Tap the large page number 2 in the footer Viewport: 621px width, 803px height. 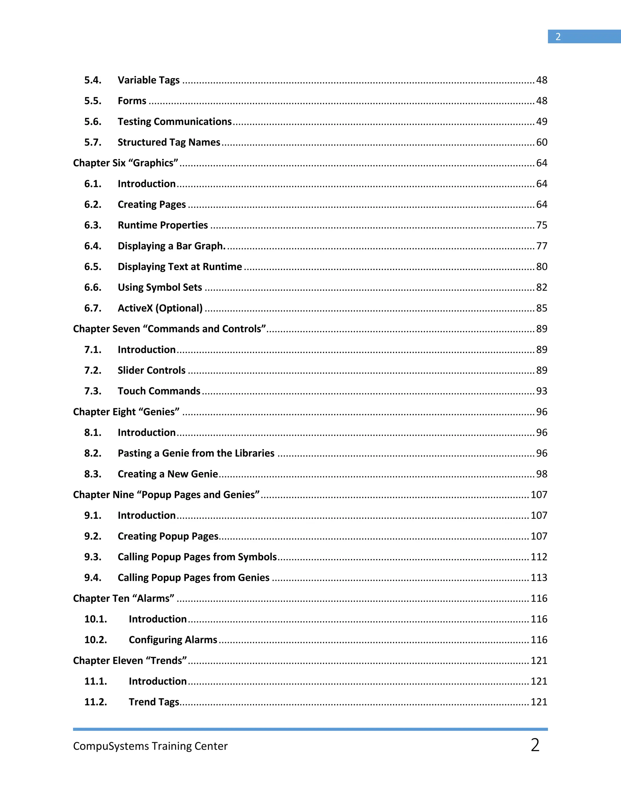click(x=535, y=745)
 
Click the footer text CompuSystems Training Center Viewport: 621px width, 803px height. click(x=150, y=746)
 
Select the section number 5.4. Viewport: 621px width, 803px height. click(x=93, y=80)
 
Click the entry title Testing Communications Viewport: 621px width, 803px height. click(x=174, y=122)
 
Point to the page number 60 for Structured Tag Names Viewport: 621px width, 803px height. click(x=542, y=142)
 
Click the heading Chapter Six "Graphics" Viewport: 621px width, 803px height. click(x=126, y=163)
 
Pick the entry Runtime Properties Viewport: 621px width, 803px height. click(x=163, y=225)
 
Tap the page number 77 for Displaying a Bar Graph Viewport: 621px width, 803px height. click(x=542, y=246)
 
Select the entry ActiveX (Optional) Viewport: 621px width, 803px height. click(x=160, y=308)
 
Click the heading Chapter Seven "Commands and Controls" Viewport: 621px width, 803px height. click(x=169, y=329)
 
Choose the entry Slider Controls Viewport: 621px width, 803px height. click(x=152, y=370)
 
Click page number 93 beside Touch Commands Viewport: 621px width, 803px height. click(x=542, y=391)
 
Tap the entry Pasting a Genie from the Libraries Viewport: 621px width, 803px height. click(x=196, y=453)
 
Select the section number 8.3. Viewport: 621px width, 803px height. click(x=93, y=474)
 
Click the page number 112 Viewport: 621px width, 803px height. click(x=539, y=557)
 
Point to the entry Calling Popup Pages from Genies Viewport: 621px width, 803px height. click(x=193, y=578)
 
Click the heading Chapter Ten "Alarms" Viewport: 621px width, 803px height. click(x=124, y=598)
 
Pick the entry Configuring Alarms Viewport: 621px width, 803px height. click(x=173, y=640)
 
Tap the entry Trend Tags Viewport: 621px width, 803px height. click(x=154, y=702)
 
